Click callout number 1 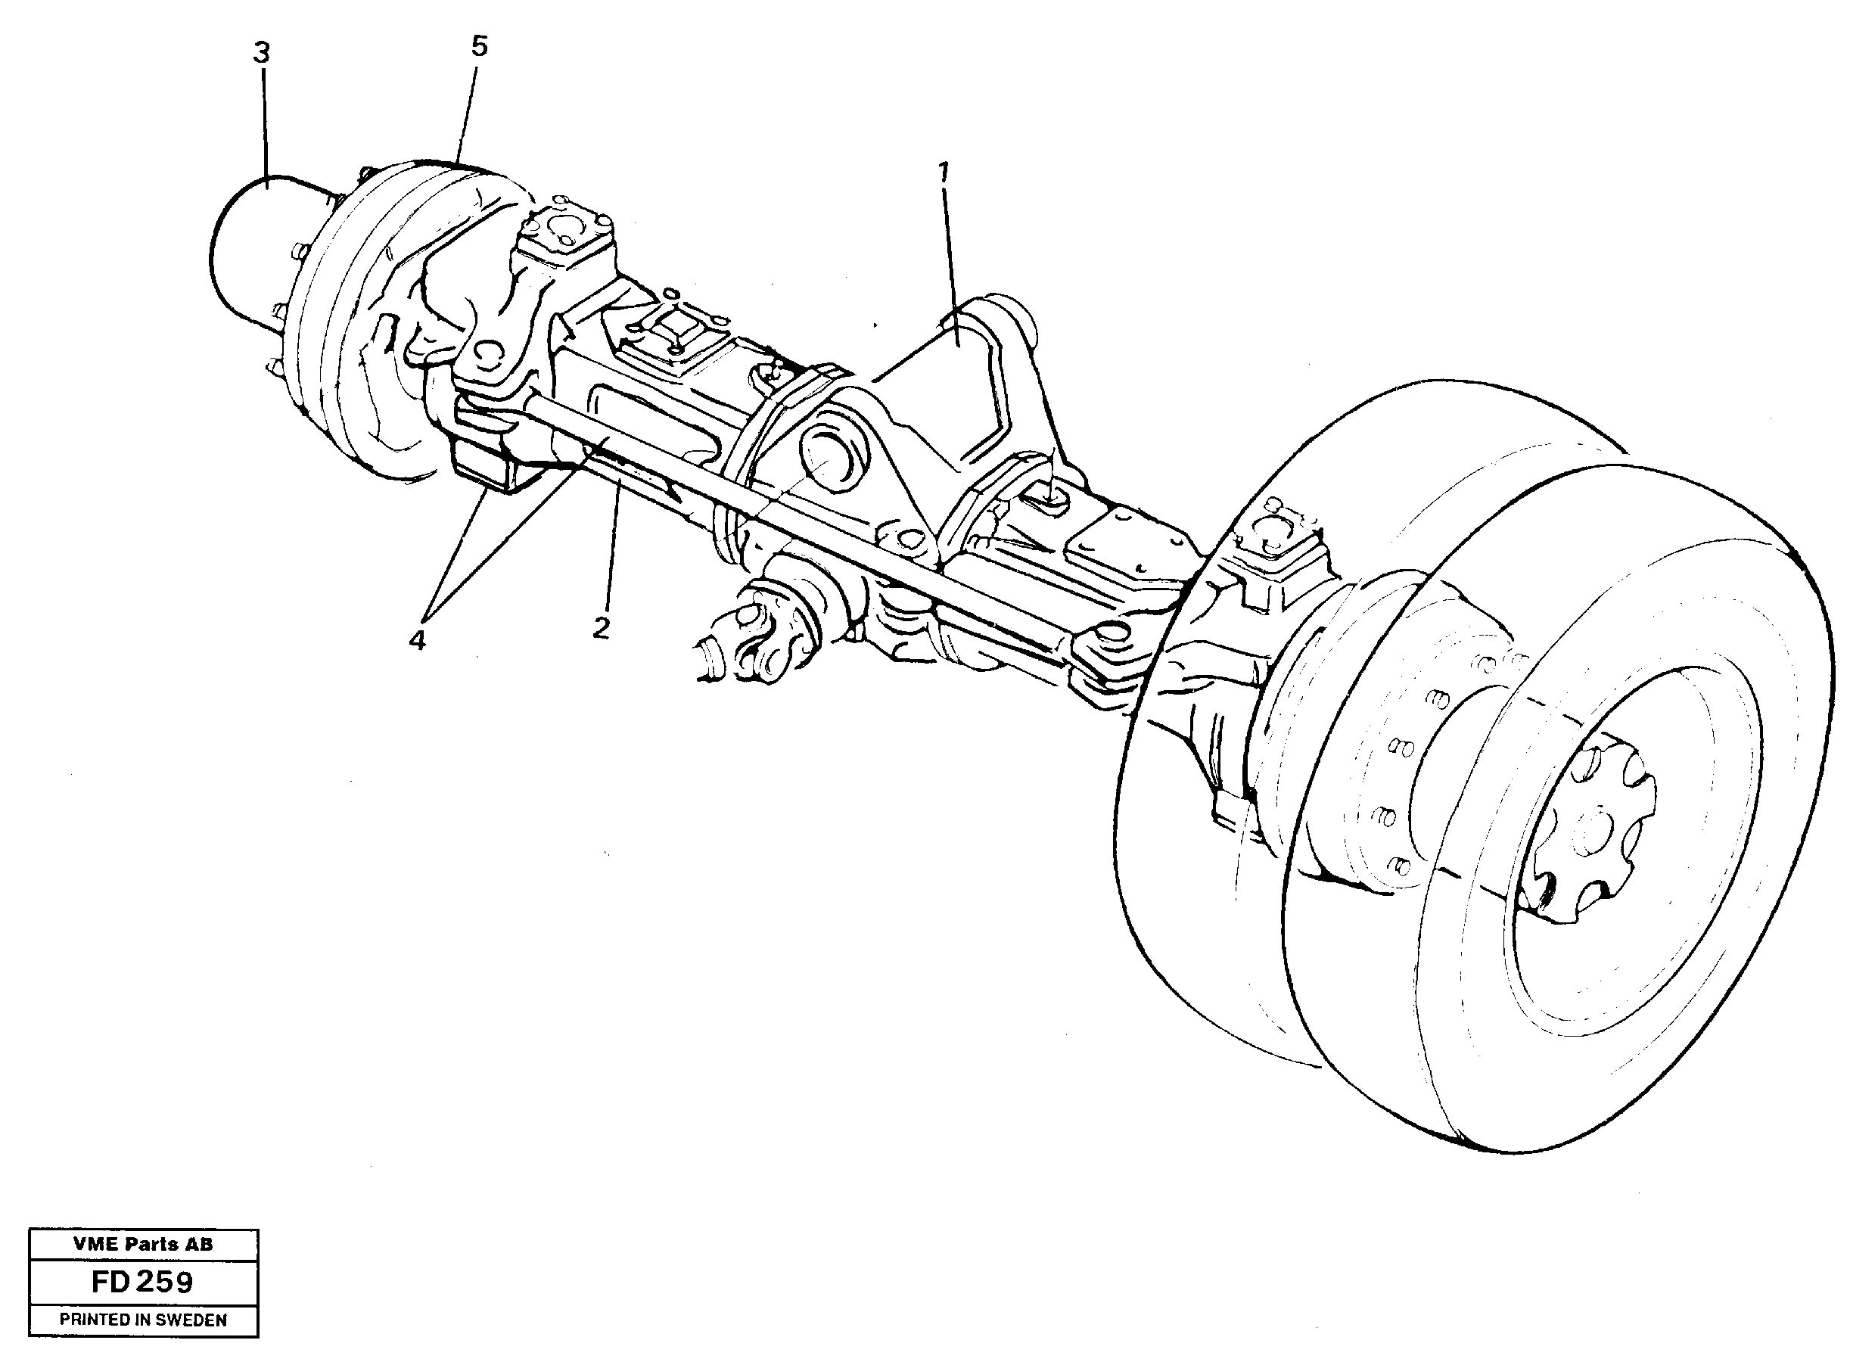click(943, 173)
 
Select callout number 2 click(602, 627)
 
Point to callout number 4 click(417, 639)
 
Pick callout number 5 click(479, 47)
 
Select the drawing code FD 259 click(143, 1282)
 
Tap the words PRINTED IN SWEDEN click(143, 1320)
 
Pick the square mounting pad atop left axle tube click(673, 339)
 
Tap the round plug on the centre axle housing click(835, 455)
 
